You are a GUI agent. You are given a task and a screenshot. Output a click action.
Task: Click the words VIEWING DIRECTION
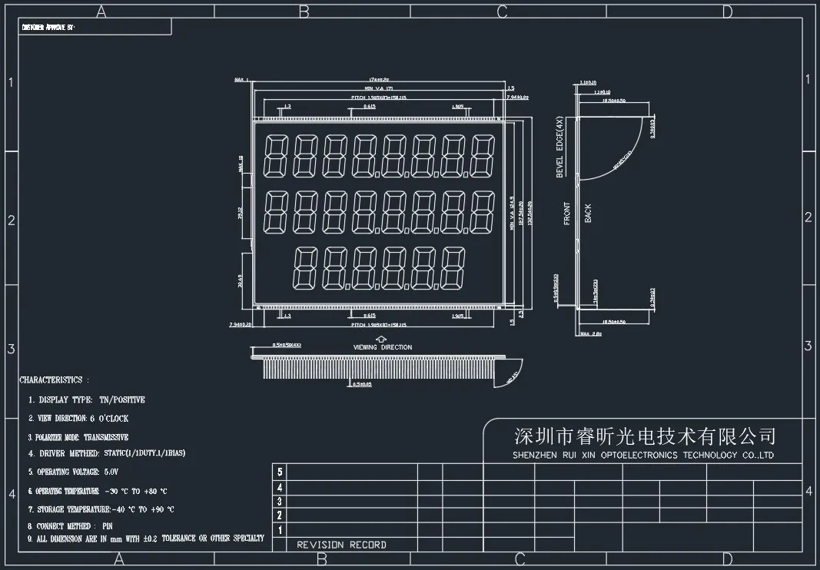[x=383, y=347]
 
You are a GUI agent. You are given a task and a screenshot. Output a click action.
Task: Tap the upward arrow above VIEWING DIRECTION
[x=382, y=338]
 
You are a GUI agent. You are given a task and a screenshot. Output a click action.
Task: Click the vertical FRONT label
[x=567, y=213]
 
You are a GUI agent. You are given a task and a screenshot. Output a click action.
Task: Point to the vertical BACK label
[x=588, y=213]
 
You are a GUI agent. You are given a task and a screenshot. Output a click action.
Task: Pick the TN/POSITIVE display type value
[x=122, y=400]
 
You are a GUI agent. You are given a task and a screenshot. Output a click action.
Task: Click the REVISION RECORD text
[x=342, y=545]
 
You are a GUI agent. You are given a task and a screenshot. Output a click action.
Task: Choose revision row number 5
[x=280, y=472]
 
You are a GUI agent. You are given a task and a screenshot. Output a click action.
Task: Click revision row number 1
[x=280, y=530]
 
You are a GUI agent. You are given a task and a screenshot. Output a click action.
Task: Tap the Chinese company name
[x=645, y=437]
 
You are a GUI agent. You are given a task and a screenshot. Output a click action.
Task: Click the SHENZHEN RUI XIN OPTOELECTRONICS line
[x=643, y=456]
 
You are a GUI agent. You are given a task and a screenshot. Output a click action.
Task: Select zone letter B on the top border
[x=304, y=12]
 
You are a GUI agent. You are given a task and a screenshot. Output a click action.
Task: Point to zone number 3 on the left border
[x=11, y=348]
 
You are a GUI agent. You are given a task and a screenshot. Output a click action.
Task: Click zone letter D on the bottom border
[x=728, y=558]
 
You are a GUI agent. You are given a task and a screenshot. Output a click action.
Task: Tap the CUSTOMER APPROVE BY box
[x=95, y=27]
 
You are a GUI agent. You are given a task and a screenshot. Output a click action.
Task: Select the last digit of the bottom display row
[x=453, y=268]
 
